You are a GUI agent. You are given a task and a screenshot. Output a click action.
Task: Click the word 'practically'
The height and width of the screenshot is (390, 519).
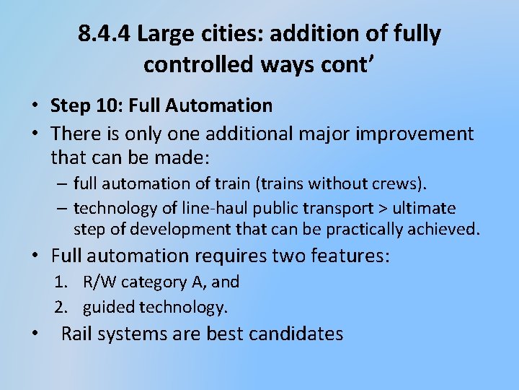click(375, 230)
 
